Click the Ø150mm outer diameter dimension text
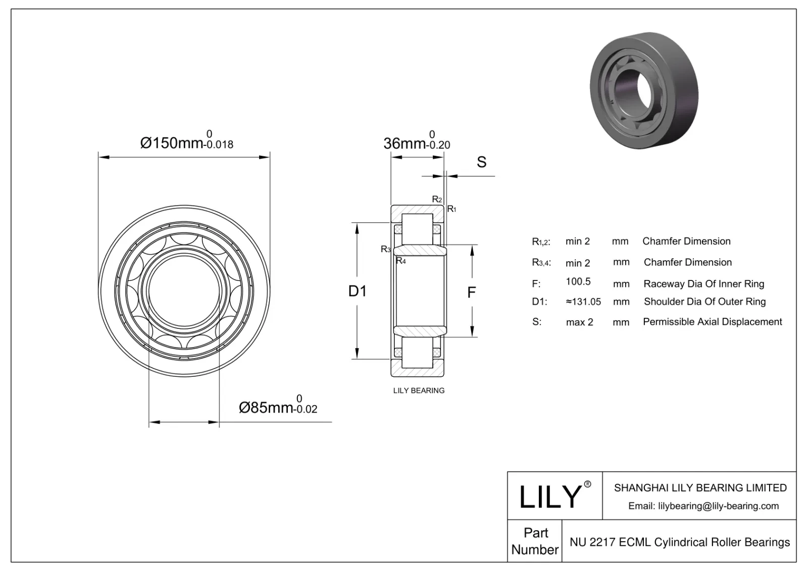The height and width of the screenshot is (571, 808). [x=186, y=143]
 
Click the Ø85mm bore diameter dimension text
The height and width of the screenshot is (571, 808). [x=277, y=407]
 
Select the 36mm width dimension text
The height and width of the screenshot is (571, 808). [x=416, y=143]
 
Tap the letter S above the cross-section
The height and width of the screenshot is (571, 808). [x=481, y=162]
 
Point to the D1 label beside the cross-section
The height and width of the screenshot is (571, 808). [x=358, y=291]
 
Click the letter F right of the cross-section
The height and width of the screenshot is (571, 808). [x=471, y=293]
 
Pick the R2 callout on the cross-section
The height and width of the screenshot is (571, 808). [x=437, y=200]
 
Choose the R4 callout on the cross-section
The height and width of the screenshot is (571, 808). [x=400, y=261]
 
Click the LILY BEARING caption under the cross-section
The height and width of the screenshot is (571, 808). [x=419, y=390]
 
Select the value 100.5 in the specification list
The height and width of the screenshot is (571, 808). [x=578, y=282]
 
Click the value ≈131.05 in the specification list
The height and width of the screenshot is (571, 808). [x=583, y=302]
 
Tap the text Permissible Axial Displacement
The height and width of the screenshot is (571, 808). [x=712, y=322]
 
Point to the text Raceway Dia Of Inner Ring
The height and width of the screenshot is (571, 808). [x=703, y=283]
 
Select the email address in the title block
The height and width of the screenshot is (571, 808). [x=703, y=506]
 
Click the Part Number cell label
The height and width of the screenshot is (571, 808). [x=535, y=541]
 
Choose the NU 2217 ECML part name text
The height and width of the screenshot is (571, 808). [x=679, y=542]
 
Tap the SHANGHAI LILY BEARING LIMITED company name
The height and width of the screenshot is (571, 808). [x=700, y=488]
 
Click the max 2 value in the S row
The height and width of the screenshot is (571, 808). [x=579, y=322]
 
